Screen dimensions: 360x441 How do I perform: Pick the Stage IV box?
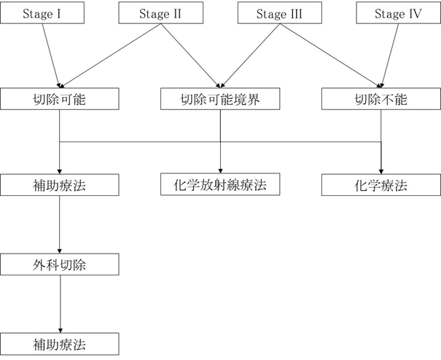(x=398, y=14)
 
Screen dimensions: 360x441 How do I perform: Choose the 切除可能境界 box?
(x=220, y=99)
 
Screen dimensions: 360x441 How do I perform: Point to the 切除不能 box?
(x=380, y=99)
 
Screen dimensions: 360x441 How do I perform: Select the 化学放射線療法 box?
(x=220, y=185)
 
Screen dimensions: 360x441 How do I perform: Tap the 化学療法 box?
(x=380, y=185)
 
